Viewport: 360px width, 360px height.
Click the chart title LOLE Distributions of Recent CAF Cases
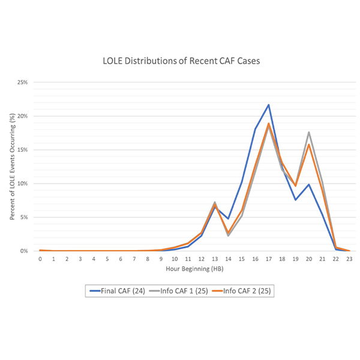point(180,61)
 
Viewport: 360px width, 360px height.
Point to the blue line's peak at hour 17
point(268,104)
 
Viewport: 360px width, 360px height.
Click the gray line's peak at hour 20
point(309,132)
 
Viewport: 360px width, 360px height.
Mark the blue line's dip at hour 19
point(295,200)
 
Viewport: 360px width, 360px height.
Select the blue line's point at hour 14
point(228,219)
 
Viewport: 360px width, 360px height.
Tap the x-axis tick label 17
point(268,259)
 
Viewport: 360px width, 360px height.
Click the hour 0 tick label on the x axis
point(40,259)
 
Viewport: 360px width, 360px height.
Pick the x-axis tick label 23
point(349,259)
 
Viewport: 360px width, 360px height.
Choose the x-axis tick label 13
point(214,259)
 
